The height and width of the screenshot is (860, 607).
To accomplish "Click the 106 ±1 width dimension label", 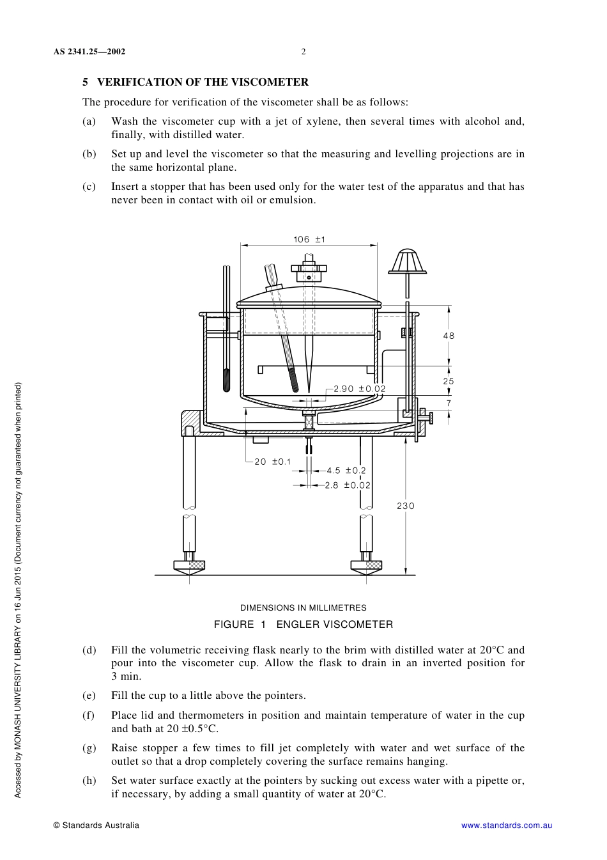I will click(x=309, y=239).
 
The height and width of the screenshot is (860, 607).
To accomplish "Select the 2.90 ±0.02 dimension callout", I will click(x=359, y=389).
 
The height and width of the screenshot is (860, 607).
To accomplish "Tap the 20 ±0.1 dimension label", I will click(x=272, y=462).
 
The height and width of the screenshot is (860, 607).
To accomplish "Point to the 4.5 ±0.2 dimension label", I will click(x=346, y=471).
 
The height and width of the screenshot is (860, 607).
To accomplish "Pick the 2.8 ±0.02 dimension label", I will click(x=347, y=485).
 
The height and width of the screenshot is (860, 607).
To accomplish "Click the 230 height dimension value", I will click(x=406, y=506).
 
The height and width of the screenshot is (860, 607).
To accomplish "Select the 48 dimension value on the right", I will click(x=449, y=336).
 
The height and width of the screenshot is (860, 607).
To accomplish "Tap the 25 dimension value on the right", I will click(x=449, y=381).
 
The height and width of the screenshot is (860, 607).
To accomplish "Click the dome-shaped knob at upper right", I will click(x=407, y=262).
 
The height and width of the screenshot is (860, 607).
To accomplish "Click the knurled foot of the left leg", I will click(x=189, y=565).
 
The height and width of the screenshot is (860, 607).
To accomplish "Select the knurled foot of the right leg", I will click(x=366, y=565).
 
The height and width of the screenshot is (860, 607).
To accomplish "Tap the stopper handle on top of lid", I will click(x=309, y=269).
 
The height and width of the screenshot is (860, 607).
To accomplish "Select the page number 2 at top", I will click(x=303, y=52).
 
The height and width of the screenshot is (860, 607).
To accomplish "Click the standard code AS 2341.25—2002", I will click(x=89, y=52).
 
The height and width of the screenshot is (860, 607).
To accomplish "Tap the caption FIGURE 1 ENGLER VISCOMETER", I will click(x=303, y=625).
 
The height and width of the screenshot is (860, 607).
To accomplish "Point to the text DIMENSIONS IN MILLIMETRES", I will click(x=303, y=608).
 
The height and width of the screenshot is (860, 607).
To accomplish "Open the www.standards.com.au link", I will click(x=507, y=825).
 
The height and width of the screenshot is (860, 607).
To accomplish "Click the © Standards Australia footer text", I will click(x=96, y=825).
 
